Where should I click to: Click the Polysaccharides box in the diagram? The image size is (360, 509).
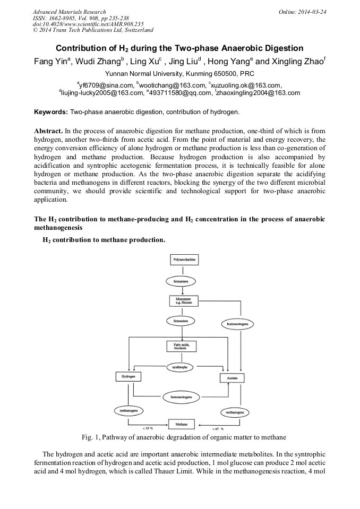tap(182, 260)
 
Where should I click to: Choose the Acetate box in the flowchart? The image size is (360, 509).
tap(232, 377)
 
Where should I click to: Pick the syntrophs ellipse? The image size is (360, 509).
tap(181, 367)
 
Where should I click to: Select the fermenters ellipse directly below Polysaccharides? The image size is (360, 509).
tap(182, 280)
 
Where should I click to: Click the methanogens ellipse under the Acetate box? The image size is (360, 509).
tap(235, 412)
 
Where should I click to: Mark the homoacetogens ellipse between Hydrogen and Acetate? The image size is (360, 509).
tap(181, 396)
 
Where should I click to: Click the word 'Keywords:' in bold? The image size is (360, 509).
tap(51, 112)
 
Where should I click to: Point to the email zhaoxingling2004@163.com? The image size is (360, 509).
tap(259, 92)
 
